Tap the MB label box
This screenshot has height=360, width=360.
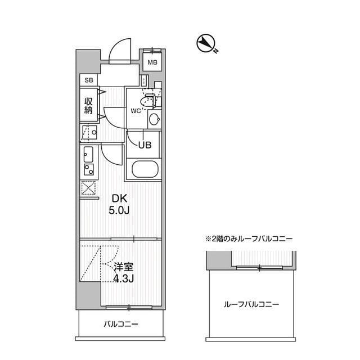coord(152,62)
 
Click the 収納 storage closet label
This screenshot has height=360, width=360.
coord(89,106)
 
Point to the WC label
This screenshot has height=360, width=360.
coord(136,110)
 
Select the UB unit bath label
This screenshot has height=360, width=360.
coord(145,144)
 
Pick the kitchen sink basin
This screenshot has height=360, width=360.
coord(88,153)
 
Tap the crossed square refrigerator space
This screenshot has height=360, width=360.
coord(88,189)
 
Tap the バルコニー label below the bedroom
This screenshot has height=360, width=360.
coord(120,324)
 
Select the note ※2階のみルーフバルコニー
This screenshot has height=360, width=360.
coord(248,238)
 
